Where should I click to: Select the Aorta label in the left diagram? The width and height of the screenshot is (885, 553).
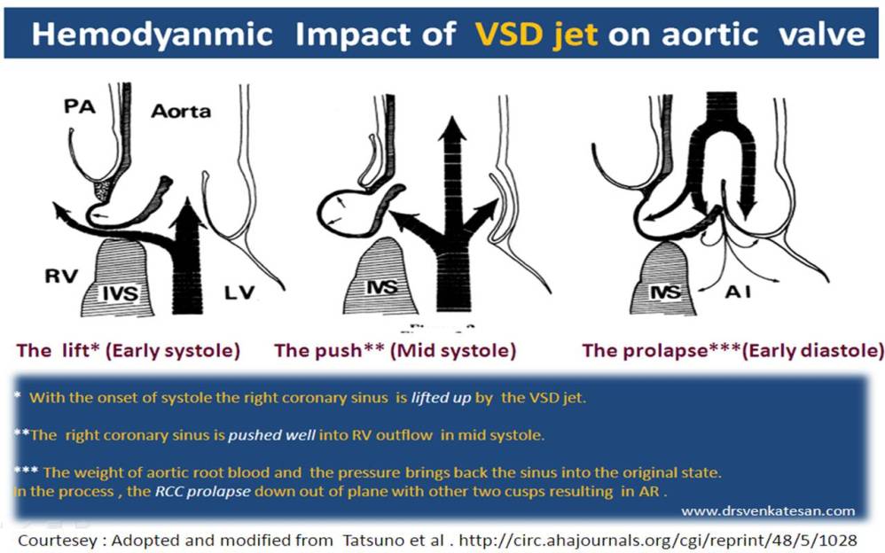(180, 112)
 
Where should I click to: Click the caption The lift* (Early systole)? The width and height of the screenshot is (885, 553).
(128, 350)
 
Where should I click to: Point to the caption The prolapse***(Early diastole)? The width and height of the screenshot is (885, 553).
(732, 350)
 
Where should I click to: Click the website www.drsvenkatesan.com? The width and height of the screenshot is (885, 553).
(768, 510)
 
